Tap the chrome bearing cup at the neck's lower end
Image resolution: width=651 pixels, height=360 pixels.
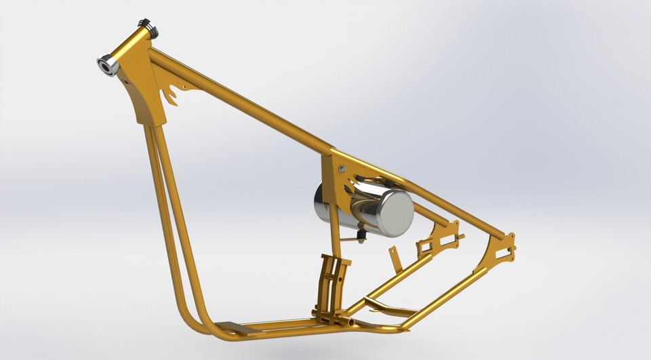tap(108, 66)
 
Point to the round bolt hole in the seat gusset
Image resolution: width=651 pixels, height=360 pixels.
tap(341, 168)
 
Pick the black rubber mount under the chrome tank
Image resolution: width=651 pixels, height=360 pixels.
tap(361, 235)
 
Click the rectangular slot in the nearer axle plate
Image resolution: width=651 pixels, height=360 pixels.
tap(505, 254)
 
